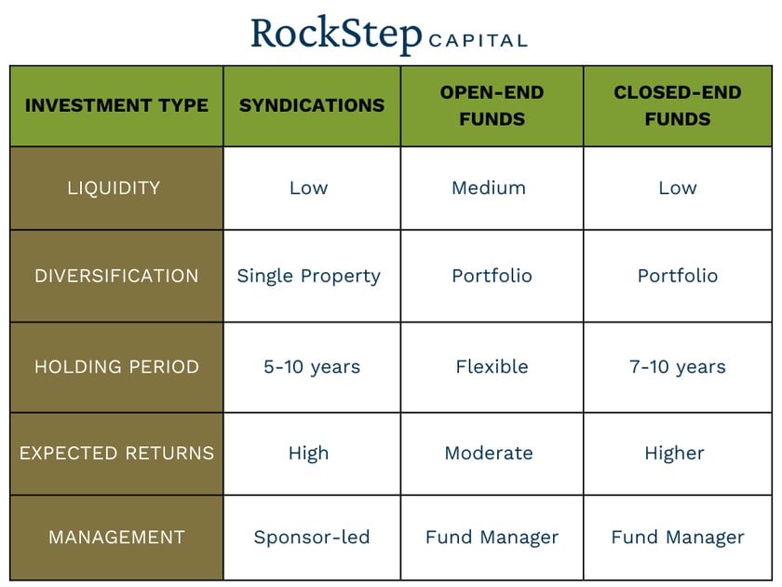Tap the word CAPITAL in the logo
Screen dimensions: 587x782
point(478,41)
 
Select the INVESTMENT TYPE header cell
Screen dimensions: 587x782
point(116,105)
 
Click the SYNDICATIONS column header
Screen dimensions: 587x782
point(312,105)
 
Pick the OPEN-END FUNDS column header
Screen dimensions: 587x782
point(492,105)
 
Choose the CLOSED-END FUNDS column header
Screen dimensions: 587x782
point(678,105)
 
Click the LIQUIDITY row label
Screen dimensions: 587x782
point(114,187)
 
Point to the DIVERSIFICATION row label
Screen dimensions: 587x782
point(116,276)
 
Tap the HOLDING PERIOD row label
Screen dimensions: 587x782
point(116,366)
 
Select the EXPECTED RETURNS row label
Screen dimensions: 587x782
point(116,454)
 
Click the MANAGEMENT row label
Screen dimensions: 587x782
point(116,537)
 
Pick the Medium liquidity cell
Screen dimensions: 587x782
point(489,187)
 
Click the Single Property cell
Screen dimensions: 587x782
point(309,276)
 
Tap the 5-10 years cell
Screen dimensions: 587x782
point(311,366)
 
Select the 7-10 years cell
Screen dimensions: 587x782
point(678,366)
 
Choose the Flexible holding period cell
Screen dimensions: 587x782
point(492,366)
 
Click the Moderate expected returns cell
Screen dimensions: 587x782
point(489,454)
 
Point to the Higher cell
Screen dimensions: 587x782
point(674,454)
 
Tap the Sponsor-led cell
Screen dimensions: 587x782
point(312,537)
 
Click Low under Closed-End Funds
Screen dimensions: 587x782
point(678,187)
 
